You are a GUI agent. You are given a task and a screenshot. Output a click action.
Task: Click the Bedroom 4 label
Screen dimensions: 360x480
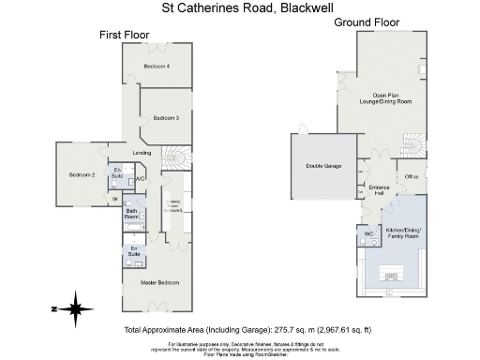pyautogui.click(x=157, y=67)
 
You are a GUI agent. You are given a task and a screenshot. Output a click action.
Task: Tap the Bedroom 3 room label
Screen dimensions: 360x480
pyautogui.click(x=166, y=117)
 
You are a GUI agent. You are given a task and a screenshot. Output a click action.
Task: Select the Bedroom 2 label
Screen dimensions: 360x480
pyautogui.click(x=81, y=175)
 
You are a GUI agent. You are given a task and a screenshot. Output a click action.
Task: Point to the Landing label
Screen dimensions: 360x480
pyautogui.click(x=142, y=153)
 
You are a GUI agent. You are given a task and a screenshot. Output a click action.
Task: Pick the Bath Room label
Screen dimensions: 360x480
pyautogui.click(x=131, y=214)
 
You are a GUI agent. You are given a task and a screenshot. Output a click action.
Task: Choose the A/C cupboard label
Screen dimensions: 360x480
pyautogui.click(x=140, y=179)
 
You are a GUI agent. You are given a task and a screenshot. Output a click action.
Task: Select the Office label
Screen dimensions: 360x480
pyautogui.click(x=411, y=176)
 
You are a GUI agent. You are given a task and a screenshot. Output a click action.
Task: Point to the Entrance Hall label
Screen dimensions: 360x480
pyautogui.click(x=379, y=191)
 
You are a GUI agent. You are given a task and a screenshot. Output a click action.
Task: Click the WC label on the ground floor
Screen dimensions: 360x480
pyautogui.click(x=368, y=233)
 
